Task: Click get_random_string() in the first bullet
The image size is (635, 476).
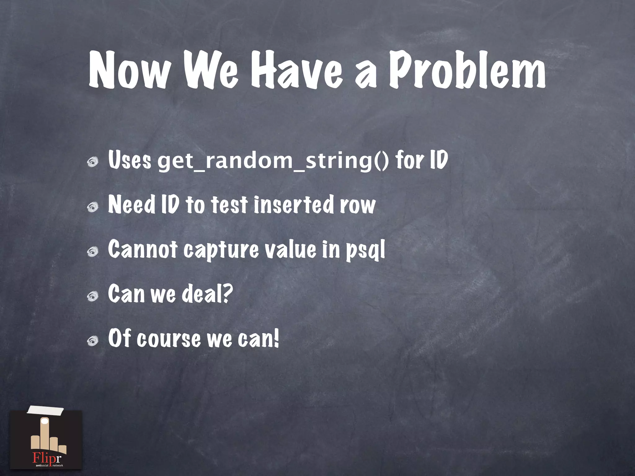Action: [x=273, y=161]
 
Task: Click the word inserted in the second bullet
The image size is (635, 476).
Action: [x=293, y=205]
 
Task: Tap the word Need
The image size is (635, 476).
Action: [x=131, y=205]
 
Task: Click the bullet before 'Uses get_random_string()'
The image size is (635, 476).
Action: [x=92, y=162]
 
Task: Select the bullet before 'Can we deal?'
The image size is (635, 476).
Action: [x=92, y=297]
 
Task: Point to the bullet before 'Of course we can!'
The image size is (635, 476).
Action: [x=92, y=341]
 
